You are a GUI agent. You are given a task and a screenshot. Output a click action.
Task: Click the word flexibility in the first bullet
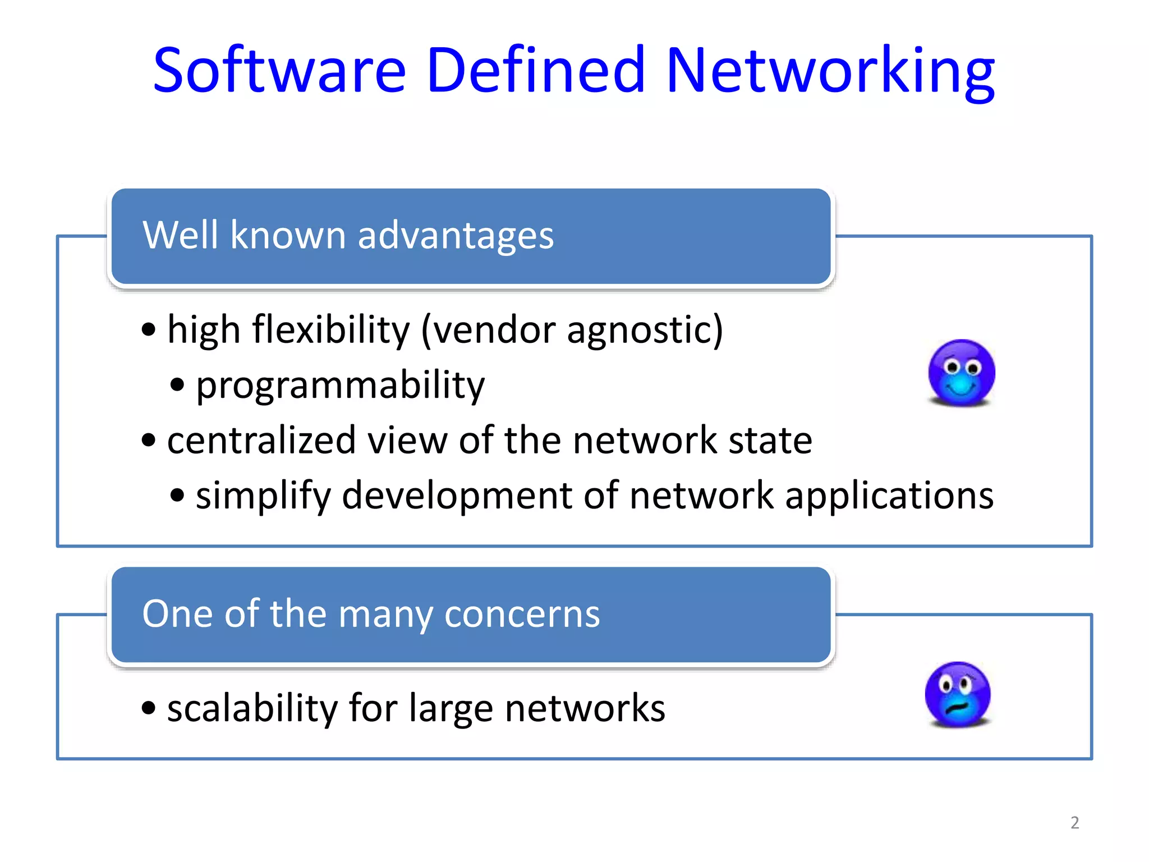(x=331, y=329)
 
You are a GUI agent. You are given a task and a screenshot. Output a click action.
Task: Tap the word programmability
(x=340, y=386)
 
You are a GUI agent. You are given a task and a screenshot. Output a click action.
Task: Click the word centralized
(x=261, y=440)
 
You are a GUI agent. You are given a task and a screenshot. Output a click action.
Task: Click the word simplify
(x=263, y=496)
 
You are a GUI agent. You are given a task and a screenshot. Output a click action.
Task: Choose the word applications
(x=889, y=496)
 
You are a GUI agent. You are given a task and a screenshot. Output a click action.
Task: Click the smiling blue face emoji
(x=962, y=373)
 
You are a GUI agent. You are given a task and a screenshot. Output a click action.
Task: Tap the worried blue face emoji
(x=958, y=695)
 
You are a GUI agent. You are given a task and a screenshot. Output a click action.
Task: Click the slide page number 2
(x=1074, y=823)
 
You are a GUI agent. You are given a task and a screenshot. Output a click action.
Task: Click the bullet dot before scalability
(x=148, y=708)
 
